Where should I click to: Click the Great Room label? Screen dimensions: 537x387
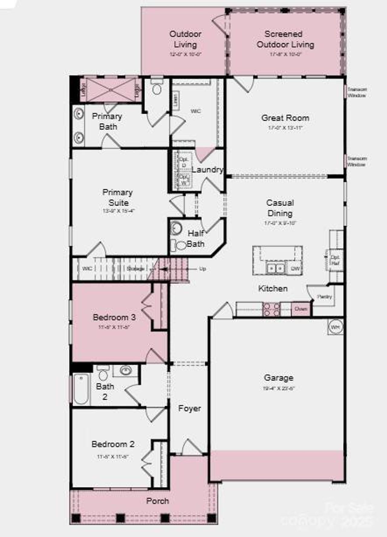tap(285, 118)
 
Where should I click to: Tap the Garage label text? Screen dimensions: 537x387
tap(278, 378)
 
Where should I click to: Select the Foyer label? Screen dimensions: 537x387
tap(190, 408)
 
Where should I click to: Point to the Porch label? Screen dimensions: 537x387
tap(158, 501)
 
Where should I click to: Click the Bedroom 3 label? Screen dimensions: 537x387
tap(114, 317)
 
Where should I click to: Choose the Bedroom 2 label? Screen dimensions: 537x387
tap(113, 444)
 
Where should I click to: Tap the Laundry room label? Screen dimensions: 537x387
tap(207, 169)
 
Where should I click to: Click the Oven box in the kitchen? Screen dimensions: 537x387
tap(301, 309)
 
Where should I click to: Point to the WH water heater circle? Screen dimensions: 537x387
tap(335, 327)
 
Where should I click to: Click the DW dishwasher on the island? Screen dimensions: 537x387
tap(295, 268)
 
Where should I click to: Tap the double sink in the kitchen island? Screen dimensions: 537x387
tap(275, 268)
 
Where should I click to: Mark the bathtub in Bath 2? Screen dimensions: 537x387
tap(81, 389)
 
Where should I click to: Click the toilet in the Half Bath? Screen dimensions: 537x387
tap(181, 246)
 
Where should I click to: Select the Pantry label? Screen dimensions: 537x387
tap(325, 297)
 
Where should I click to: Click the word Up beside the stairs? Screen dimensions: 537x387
tap(203, 268)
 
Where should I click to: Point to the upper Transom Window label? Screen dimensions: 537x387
tap(357, 92)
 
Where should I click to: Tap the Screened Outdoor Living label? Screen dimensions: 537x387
tap(285, 39)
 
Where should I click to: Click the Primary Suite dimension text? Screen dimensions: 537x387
tap(118, 211)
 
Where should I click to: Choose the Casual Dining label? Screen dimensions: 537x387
tap(280, 208)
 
